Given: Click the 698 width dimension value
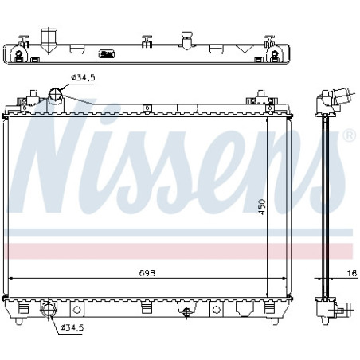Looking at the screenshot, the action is (x=147, y=273).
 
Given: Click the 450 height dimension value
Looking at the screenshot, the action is (x=262, y=207).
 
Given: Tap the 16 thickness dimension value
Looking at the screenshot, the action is (x=352, y=273).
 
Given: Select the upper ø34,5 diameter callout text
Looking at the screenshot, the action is (x=83, y=77).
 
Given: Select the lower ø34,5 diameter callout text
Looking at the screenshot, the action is (x=72, y=327).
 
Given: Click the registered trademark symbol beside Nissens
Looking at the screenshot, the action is (x=350, y=135).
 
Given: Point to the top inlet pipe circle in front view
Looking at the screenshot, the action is (x=56, y=94).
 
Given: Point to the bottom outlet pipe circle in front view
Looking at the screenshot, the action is (x=49, y=310).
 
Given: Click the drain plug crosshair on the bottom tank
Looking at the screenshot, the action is (x=186, y=311).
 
